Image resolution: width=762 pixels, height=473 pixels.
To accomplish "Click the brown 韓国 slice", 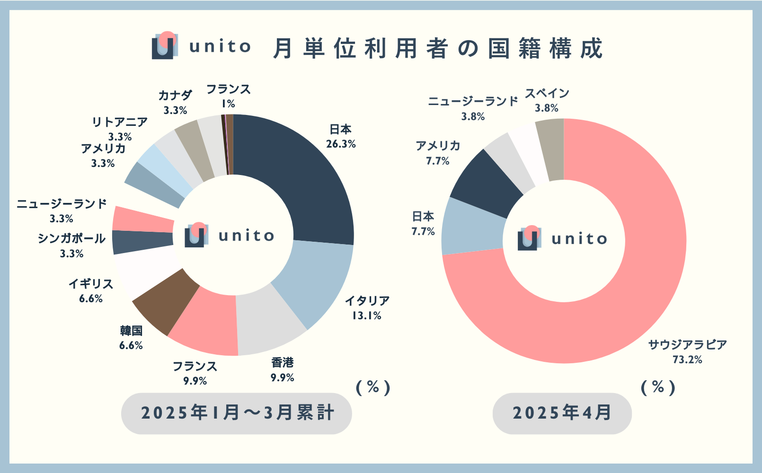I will pyautogui.click(x=166, y=303).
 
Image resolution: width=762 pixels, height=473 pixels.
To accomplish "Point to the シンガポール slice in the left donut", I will pyautogui.click(x=142, y=241).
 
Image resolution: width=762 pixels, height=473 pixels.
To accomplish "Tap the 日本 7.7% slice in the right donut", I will pyautogui.click(x=471, y=227).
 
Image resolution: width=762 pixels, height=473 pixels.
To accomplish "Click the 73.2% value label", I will pyautogui.click(x=687, y=360).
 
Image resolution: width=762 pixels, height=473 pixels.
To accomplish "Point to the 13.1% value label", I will pyautogui.click(x=367, y=315).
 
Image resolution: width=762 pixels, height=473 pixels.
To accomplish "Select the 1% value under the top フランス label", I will pyautogui.click(x=228, y=104).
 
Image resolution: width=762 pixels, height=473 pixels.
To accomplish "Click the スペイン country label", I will pyautogui.click(x=547, y=93).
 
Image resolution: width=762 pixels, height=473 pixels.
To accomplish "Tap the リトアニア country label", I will pyautogui.click(x=120, y=122).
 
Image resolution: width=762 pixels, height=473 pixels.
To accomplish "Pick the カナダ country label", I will pyautogui.click(x=175, y=96).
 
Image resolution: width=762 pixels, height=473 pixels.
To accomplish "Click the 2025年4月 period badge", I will pyautogui.click(x=562, y=413).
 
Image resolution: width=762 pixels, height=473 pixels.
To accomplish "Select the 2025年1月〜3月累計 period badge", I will pyautogui.click(x=237, y=413).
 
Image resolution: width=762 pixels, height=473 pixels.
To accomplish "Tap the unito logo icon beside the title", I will pyautogui.click(x=165, y=46).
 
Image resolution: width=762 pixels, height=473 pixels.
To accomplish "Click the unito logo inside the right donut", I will pyautogui.click(x=529, y=238).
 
